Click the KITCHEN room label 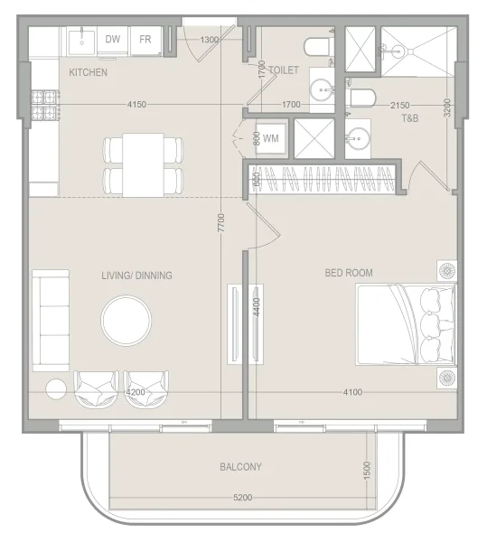[x=88, y=72]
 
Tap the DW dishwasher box [x=113, y=40]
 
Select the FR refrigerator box [x=145, y=40]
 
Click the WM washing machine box [x=270, y=139]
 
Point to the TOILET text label [x=283, y=69]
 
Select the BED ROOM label [x=349, y=273]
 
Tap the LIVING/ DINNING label [x=137, y=276]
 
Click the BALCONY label [x=240, y=467]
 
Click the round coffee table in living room [x=127, y=322]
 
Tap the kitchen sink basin [x=82, y=40]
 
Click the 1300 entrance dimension [x=210, y=40]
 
